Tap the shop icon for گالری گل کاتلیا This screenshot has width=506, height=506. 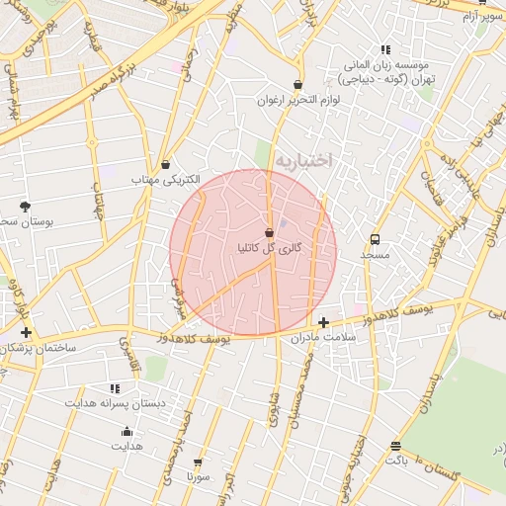269,231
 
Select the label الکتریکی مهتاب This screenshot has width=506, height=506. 165,181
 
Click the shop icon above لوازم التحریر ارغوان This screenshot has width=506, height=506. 298,85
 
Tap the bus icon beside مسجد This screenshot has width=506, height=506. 375,239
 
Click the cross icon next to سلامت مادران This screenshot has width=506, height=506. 323,322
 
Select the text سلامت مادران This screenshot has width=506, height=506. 322,338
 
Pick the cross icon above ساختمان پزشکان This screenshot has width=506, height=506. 26,333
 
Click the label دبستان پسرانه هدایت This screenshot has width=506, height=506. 115,404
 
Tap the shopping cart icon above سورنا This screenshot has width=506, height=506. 198,463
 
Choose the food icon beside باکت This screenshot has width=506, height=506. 395,447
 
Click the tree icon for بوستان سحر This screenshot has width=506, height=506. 24,206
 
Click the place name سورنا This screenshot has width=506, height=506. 198,477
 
